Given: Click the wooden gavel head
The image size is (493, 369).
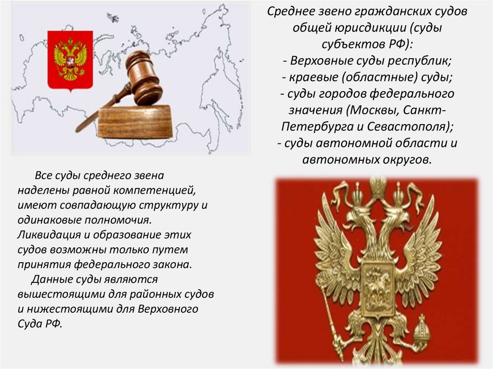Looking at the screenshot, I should click(143, 78).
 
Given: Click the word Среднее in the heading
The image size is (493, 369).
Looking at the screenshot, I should click(290, 11).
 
